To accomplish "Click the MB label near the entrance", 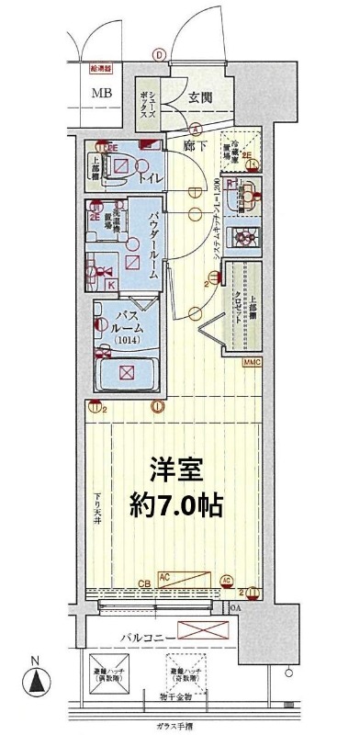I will tap(100, 92).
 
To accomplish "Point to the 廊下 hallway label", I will tap(193, 145).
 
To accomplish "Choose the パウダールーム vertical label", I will tap(153, 243).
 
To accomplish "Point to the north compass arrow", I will tap(35, 682).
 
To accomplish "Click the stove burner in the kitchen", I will tap(246, 237).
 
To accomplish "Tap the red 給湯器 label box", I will tap(98, 66).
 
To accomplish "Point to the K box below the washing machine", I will tap(111, 286).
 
